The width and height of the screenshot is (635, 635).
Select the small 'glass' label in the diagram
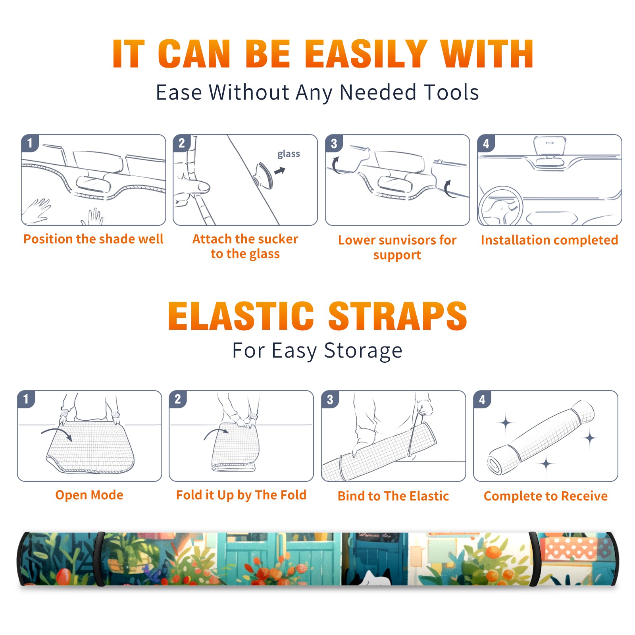click(289, 154)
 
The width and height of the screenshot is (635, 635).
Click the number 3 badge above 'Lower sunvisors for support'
click(334, 143)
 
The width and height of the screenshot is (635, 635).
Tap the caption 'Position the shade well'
click(93, 239)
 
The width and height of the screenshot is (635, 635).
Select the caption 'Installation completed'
click(549, 240)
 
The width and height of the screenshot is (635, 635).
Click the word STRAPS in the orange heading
click(398, 316)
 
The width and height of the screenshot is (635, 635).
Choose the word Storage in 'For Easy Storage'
click(363, 351)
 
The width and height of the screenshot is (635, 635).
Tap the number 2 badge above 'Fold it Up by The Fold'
click(177, 399)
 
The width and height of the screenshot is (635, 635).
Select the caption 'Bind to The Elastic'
click(393, 496)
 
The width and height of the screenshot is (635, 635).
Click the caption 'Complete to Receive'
click(545, 496)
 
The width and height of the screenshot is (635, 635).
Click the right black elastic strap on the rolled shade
click(535, 559)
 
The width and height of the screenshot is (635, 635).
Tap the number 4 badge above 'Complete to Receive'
click(482, 399)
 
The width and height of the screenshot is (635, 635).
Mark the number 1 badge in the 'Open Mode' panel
click(26, 399)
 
